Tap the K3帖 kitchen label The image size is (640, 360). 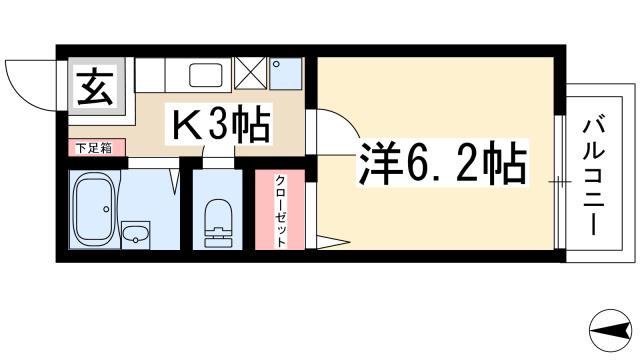[x=222, y=124]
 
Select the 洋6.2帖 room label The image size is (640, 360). [x=441, y=164]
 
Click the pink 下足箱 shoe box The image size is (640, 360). [x=97, y=149]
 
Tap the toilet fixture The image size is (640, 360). [x=215, y=223]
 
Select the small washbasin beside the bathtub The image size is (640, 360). [x=137, y=237]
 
